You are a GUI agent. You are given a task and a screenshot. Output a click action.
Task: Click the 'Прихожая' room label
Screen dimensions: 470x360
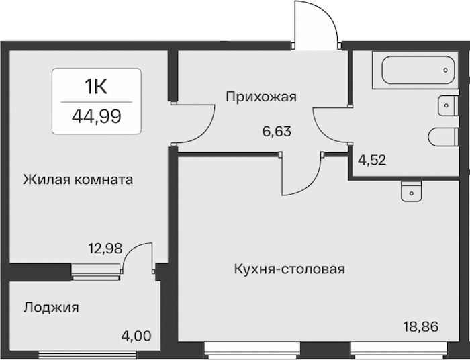click(261, 97)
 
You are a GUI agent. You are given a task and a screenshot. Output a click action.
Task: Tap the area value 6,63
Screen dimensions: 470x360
click(277, 131)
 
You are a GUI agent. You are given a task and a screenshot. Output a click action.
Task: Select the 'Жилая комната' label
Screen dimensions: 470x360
click(78, 180)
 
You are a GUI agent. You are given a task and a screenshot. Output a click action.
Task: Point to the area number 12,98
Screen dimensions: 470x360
click(105, 249)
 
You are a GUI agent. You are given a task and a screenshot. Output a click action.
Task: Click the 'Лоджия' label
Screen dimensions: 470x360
click(51, 308)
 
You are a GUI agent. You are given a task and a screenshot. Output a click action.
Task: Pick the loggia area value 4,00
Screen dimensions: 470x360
click(136, 336)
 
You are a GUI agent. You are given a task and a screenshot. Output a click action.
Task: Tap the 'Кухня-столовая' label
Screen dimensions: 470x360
click(289, 269)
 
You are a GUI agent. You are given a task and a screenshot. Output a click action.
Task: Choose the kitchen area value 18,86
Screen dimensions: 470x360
click(421, 326)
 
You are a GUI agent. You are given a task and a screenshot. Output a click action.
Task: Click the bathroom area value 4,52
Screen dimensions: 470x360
click(372, 160)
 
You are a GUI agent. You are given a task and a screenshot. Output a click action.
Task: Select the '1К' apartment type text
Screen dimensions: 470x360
click(96, 87)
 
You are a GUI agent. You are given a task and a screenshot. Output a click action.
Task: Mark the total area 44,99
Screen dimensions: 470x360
click(97, 116)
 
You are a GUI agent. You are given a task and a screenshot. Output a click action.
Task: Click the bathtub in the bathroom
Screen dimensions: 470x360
click(418, 70)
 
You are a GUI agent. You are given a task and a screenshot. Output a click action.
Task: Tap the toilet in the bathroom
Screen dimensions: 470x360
click(444, 137)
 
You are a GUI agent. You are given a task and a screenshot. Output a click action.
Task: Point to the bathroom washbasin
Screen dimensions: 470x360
click(449, 105)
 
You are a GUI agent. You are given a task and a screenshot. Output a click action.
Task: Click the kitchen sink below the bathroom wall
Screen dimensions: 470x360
click(411, 191)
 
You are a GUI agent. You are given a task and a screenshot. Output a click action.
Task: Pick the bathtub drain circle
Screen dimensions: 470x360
click(445, 70)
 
